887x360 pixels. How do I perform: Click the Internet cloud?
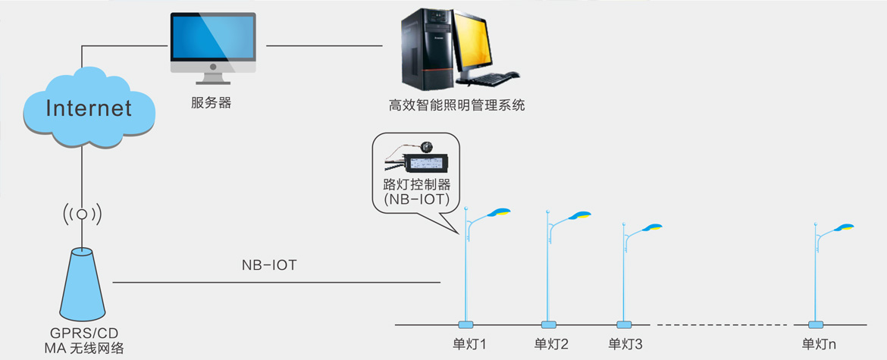point(89,108)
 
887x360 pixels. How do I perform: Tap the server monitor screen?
point(212,40)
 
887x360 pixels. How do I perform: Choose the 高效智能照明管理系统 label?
point(457,105)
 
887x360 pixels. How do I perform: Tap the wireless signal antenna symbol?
point(81,214)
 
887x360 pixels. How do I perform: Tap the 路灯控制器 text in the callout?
point(417,184)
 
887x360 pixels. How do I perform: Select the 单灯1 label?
point(468,344)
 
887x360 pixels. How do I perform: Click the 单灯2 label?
point(551,344)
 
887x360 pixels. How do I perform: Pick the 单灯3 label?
point(625,344)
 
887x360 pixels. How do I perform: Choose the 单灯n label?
point(820,344)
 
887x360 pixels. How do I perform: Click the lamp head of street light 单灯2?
point(580,214)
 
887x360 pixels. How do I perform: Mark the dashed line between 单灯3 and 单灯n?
point(720,324)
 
